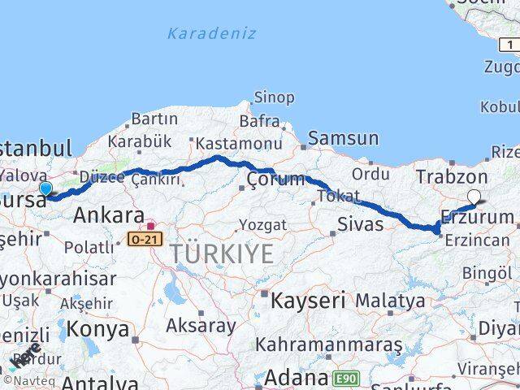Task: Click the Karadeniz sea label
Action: tap(211, 33)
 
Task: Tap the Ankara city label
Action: tap(109, 215)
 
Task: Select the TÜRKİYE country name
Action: tap(223, 253)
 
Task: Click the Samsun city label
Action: tap(344, 139)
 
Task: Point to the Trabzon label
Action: tap(452, 176)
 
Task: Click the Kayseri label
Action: tap(308, 299)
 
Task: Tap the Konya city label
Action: tap(99, 329)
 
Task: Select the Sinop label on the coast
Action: tap(274, 97)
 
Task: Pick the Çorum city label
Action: tap(275, 179)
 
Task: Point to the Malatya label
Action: tap(390, 300)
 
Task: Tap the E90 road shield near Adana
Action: tap(345, 378)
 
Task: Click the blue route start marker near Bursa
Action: tap(45, 189)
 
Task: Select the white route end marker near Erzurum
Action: tap(474, 195)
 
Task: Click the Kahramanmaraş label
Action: tap(328, 344)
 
